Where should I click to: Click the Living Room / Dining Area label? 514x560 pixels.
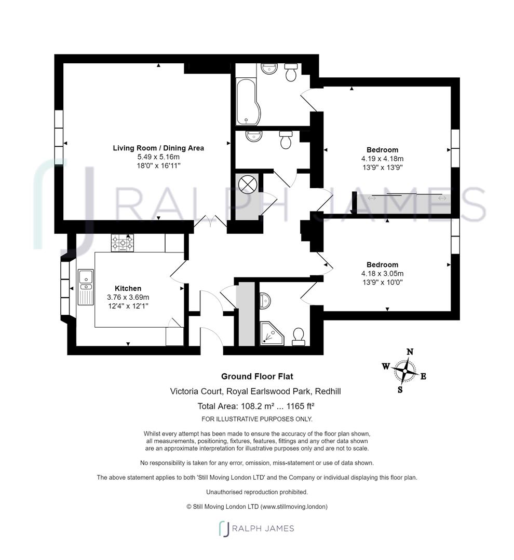point(158,148)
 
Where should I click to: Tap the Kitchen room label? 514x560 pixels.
point(128,288)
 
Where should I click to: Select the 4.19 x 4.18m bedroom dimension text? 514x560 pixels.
point(383,159)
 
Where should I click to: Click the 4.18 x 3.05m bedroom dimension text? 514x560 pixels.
point(383,273)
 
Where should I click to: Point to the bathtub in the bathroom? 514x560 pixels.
point(248,102)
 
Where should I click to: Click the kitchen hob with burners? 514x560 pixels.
point(123,243)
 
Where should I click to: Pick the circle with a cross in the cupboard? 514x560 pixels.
point(247,184)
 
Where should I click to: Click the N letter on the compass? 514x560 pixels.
point(410,352)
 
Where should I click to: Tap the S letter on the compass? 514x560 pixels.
point(400,390)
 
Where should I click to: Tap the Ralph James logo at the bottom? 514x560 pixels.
point(256,528)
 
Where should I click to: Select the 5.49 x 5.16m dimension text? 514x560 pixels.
point(158,157)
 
